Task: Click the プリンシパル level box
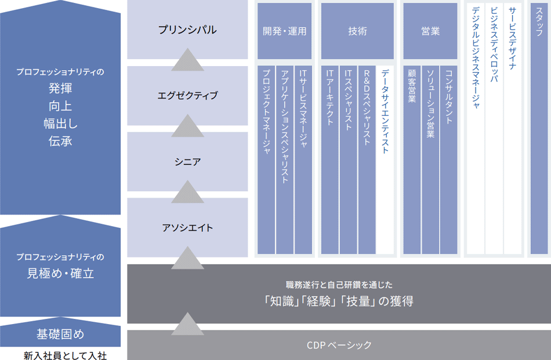(x=187, y=30)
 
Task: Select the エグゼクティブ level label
(x=187, y=96)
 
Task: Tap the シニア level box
(x=187, y=162)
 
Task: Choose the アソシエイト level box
(x=187, y=227)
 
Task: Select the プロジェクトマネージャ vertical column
(x=266, y=159)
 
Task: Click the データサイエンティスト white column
(x=385, y=159)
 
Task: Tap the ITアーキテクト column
(x=330, y=159)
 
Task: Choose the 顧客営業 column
(x=412, y=159)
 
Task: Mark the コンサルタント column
(x=448, y=159)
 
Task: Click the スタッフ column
(x=539, y=128)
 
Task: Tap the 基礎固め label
(x=60, y=334)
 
